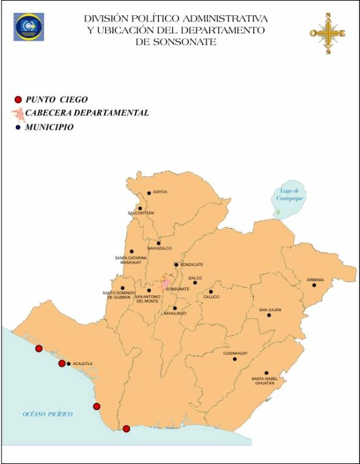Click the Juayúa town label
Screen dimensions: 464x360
(x=160, y=192)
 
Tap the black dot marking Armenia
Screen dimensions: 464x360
(x=314, y=285)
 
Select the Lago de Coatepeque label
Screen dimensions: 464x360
(x=289, y=194)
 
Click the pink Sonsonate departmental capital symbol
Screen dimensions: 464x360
(x=165, y=284)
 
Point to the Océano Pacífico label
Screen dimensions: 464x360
(x=48, y=414)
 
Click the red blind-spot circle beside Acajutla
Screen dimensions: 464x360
(x=62, y=364)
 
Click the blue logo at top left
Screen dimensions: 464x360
(x=29, y=26)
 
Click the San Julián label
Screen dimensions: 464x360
(x=270, y=310)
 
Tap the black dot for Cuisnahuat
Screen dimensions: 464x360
(x=235, y=359)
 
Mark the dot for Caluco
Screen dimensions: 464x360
(x=210, y=292)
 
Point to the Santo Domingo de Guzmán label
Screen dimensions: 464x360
(x=119, y=295)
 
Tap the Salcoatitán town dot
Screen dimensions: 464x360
(x=140, y=208)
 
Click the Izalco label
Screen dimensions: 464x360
(x=195, y=278)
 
